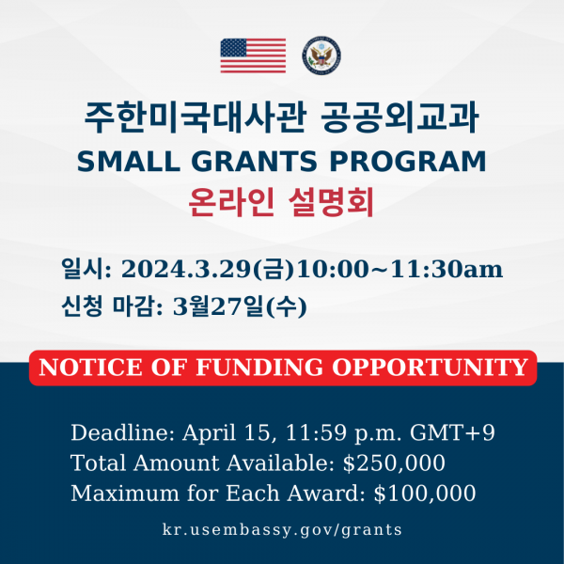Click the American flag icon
tap(253, 55)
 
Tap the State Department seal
tap(321, 55)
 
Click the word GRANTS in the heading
tap(257, 162)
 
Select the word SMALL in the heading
tap(128, 162)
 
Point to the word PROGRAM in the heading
tap(408, 162)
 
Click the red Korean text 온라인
tap(231, 202)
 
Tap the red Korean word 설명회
tap(331, 202)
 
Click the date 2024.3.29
tap(185, 269)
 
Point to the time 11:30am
tap(446, 269)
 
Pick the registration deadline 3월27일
tap(219, 306)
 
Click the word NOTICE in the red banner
tap(90, 368)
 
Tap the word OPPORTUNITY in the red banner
tap(430, 368)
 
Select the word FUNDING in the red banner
tap(259, 368)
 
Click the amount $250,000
tap(394, 462)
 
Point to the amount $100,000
tap(425, 493)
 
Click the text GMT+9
tap(452, 432)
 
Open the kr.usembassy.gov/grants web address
tap(282, 530)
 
